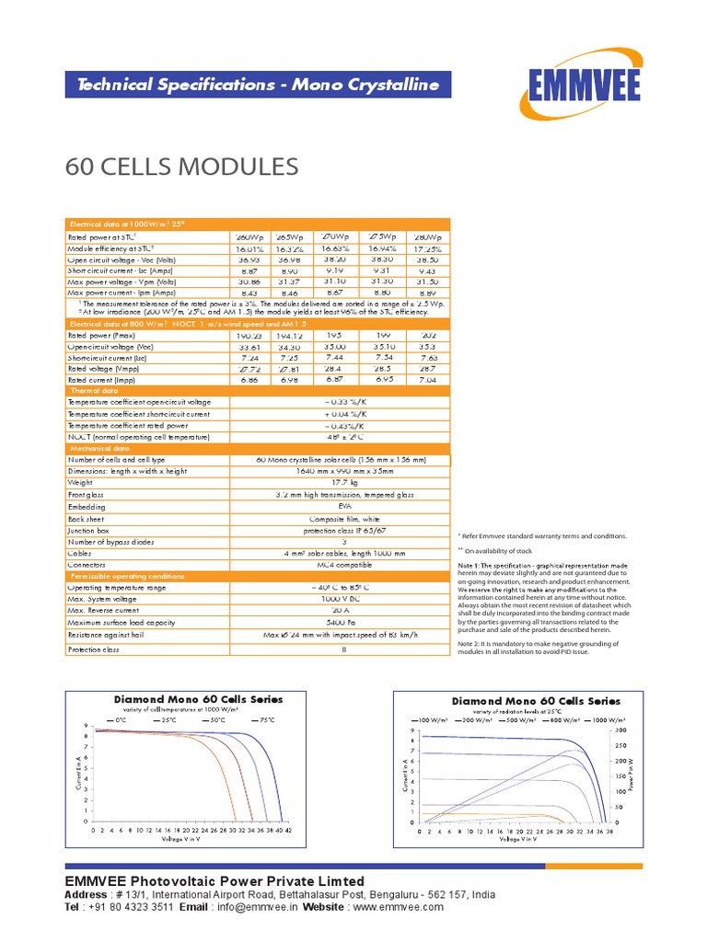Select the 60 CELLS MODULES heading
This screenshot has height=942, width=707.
coord(182,167)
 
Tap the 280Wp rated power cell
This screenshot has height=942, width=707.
coord(426,236)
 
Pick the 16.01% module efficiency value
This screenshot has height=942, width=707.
coord(249,248)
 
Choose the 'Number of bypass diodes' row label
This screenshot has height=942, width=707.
coord(110,542)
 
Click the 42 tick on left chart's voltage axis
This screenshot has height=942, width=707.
coord(288,830)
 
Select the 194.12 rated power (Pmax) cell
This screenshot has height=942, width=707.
coord(290,335)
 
